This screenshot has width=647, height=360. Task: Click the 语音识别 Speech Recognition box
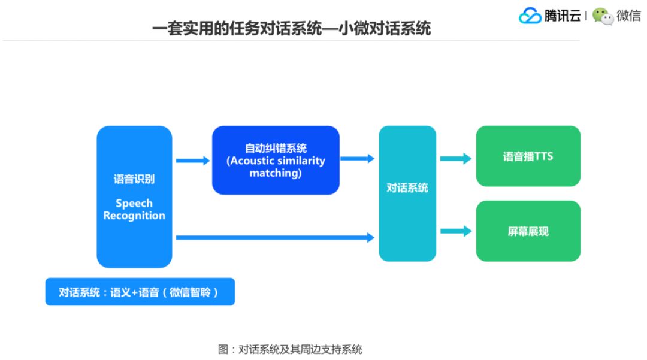(x=134, y=196)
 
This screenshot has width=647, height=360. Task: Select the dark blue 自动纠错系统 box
(x=276, y=160)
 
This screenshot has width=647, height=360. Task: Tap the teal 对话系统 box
(x=407, y=193)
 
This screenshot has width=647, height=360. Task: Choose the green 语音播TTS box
(x=528, y=156)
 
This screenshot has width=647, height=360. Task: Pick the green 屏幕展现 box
(x=528, y=231)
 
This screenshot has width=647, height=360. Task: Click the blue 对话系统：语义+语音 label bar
(x=140, y=292)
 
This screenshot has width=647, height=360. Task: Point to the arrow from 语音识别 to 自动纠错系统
(x=193, y=161)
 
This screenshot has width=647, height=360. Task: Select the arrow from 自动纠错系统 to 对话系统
(x=358, y=159)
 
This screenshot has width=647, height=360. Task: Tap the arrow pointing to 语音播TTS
(x=456, y=159)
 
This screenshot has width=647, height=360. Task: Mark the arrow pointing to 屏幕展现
(x=456, y=231)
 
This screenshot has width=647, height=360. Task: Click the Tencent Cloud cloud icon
(x=530, y=16)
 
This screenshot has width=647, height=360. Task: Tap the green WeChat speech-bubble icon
(x=603, y=16)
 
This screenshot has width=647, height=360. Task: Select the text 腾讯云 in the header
(x=562, y=16)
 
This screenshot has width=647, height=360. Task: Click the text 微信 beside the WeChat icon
(x=629, y=16)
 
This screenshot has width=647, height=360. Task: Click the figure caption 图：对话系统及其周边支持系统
(x=290, y=349)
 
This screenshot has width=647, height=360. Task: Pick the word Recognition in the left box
(x=134, y=216)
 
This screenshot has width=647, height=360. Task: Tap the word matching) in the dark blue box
(x=276, y=173)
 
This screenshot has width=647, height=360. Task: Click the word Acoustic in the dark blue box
(x=254, y=161)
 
